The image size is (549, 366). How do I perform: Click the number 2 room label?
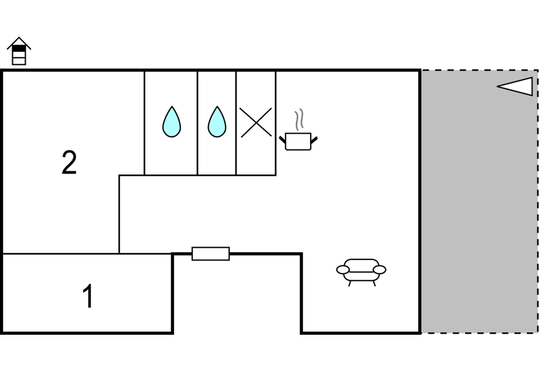coord(69,162)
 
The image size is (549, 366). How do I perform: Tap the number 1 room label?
coord(88,296)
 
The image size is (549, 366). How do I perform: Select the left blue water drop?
coord(172,121)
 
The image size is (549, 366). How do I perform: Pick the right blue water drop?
coord(217,121)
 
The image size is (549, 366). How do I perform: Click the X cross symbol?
coord(256,122)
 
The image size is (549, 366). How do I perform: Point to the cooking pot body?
coord(298,142)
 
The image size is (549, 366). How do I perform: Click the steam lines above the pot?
coord(298,120)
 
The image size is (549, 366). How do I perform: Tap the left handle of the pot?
coord(282,140)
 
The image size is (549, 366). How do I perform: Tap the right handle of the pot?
coord(314,140)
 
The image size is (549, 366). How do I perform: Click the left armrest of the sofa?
coord(343,270)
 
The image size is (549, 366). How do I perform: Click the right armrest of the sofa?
coord(379,270)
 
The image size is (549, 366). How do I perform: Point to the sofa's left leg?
coord(349,283)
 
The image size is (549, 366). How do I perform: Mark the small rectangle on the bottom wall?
coord(211,254)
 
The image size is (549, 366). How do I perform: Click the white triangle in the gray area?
coord(515,86)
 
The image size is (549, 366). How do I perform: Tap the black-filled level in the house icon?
coord(19,48)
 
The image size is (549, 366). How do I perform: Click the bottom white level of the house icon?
coord(19,61)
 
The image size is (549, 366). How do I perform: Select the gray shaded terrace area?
coord(479,201)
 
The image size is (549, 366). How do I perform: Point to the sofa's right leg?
coord(374,283)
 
